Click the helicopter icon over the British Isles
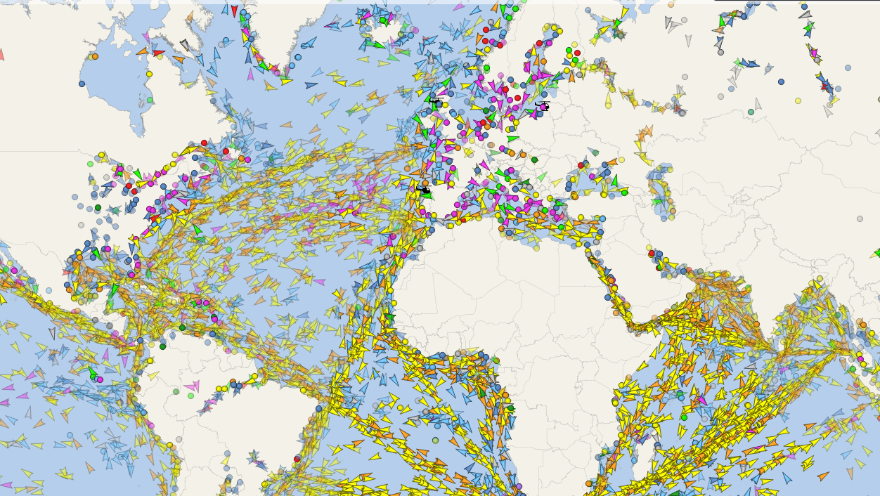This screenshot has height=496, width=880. (436, 103)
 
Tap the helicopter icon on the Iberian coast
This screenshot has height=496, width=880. (423, 190)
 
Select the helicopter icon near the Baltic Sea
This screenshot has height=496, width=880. (543, 106)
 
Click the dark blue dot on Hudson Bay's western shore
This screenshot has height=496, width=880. (82, 84)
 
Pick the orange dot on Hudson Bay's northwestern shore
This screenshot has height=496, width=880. (95, 56)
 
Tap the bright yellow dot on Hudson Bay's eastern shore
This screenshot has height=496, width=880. (149, 74)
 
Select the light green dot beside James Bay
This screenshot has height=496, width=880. (150, 100)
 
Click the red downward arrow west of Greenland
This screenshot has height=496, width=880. (234, 11)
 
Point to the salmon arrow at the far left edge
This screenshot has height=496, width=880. (1, 54)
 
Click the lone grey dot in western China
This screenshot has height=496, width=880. (860, 218)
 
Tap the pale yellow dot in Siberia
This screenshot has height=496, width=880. (798, 100)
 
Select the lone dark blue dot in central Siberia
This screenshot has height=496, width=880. (781, 81)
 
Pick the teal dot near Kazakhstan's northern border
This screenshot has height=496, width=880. (751, 112)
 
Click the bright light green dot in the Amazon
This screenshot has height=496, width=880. (190, 396)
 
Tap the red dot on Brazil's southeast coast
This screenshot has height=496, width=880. (297, 459)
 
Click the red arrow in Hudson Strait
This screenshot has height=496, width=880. (159, 53)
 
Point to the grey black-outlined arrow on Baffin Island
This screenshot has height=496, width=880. (184, 44)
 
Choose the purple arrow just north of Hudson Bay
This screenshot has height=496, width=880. (145, 37)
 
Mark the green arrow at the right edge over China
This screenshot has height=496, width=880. (877, 252)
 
